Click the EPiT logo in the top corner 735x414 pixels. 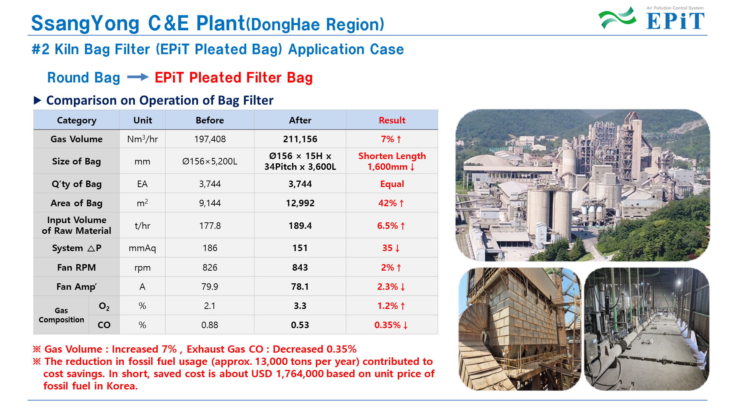(651, 18)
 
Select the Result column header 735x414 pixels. (392, 120)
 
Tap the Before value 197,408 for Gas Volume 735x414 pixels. (210, 139)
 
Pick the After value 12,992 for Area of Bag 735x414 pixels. (300, 203)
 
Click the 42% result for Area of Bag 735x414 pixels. (391, 203)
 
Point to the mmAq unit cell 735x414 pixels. (142, 248)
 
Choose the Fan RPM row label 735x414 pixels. (77, 268)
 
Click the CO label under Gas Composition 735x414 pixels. (104, 325)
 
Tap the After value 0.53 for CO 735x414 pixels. (300, 325)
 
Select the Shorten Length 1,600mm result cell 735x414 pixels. (392, 161)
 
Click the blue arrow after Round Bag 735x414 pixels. (138, 77)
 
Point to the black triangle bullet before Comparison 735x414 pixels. (38, 100)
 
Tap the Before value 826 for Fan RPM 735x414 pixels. (210, 268)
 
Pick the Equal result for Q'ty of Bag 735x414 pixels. (392, 184)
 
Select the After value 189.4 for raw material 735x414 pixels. (300, 226)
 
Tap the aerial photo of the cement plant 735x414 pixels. (583, 186)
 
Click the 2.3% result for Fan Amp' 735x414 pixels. (391, 287)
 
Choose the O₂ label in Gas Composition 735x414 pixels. (104, 306)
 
